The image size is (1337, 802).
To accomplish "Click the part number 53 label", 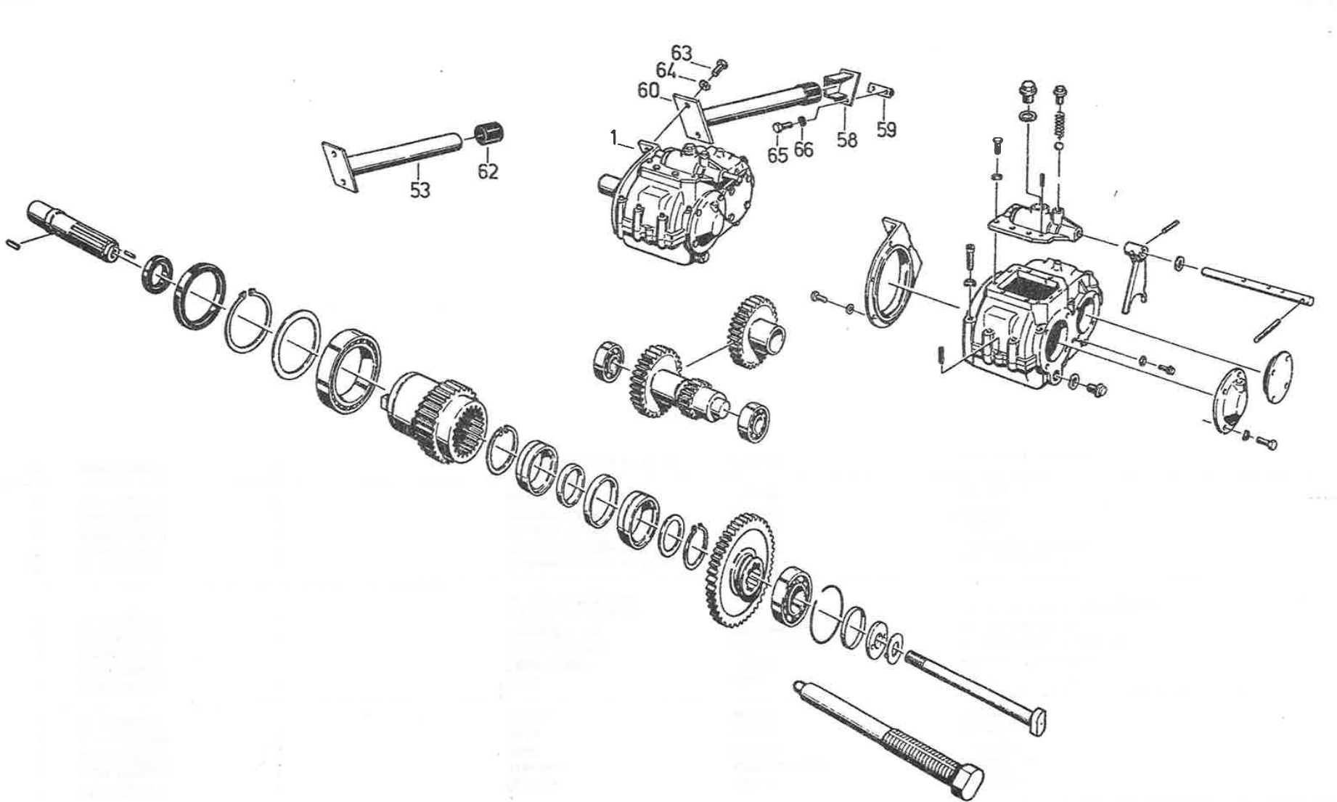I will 420,190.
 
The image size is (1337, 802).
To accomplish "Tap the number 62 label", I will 488,171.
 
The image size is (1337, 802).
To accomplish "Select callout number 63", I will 682,53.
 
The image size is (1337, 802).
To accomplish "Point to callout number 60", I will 648,91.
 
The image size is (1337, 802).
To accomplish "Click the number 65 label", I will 777,155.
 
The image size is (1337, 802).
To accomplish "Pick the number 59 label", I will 886,129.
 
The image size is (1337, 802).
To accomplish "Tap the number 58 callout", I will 847,139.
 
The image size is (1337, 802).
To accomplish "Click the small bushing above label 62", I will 490,135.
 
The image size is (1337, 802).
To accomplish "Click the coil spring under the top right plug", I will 1059,118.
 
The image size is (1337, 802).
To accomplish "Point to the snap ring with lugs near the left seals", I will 248,319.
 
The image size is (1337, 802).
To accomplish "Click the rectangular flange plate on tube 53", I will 340,168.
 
